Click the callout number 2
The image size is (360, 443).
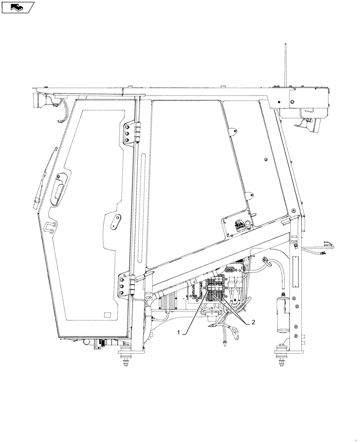[253, 323]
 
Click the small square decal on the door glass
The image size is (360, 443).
[106, 315]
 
